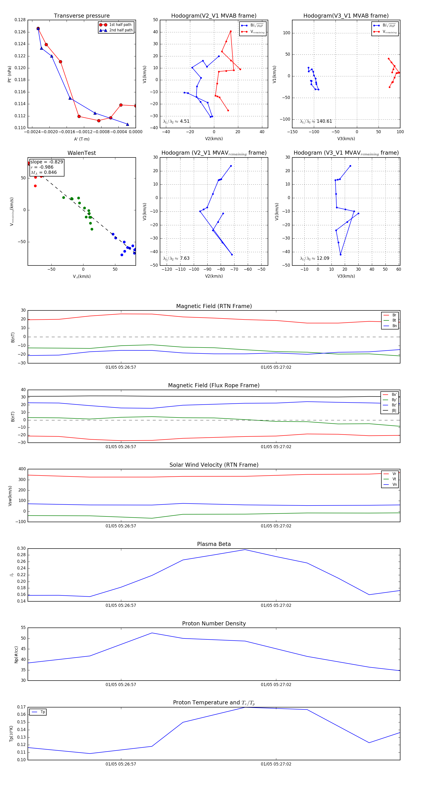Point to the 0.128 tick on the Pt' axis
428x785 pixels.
click(x=20, y=20)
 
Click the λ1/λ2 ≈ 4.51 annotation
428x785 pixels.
click(x=176, y=121)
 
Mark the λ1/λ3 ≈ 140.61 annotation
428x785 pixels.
click(x=316, y=121)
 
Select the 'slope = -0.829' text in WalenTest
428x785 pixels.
click(x=47, y=162)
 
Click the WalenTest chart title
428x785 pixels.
click(x=82, y=153)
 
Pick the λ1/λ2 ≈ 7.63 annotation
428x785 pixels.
click(x=176, y=258)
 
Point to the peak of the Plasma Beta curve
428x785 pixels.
click(x=245, y=549)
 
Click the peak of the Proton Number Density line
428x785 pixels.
click(x=152, y=633)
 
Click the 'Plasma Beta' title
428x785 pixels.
click(x=214, y=544)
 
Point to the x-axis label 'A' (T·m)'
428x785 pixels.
click(x=82, y=139)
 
